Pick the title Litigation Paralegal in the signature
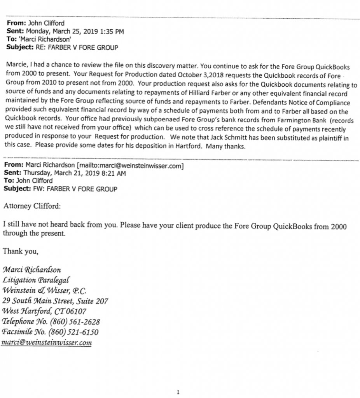click(x=37, y=280)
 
